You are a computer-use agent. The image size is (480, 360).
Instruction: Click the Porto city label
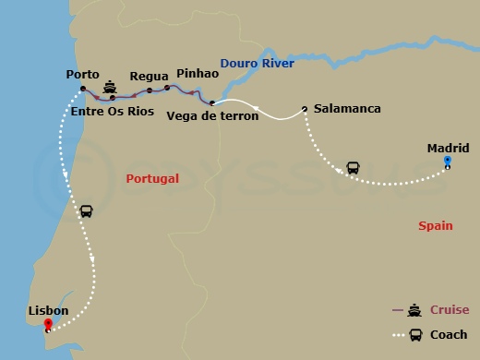point(83,74)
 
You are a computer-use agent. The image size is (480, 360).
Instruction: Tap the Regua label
point(149,77)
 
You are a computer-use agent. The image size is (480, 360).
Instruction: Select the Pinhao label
point(197,72)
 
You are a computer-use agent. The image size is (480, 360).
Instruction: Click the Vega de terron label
point(207,115)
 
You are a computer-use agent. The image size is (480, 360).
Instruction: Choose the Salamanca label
point(347,109)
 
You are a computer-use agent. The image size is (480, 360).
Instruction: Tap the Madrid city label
point(448,148)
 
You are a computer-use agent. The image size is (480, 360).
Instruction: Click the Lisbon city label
point(48,310)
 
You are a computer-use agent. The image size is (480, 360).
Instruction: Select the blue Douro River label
point(258,63)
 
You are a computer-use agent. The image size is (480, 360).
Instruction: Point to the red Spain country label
point(435,225)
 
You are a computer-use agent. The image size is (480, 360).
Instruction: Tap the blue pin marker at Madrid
point(447,162)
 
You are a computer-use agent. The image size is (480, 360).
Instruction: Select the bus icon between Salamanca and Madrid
point(353,169)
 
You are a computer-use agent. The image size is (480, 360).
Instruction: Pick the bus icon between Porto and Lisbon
point(86,211)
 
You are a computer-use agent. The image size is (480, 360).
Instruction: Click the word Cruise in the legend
point(450,310)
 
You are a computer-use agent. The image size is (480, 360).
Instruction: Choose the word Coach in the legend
point(449,334)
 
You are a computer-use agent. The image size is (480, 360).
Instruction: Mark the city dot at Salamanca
point(304,109)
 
